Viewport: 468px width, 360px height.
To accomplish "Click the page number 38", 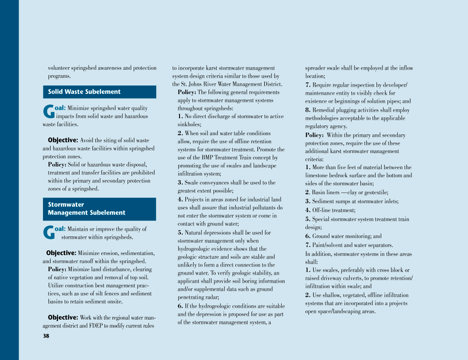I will point(46,336).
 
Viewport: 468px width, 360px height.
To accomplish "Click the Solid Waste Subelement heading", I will point(84,92).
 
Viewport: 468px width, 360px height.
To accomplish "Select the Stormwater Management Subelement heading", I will point(87,209).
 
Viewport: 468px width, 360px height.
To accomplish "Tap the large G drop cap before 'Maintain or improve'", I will point(49,233).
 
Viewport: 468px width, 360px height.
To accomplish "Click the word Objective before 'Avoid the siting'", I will point(63,140).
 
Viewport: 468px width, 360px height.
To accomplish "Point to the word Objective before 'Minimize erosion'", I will point(61,253).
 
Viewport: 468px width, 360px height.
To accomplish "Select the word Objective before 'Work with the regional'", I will point(63,317).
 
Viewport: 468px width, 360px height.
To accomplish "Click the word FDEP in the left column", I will point(96,326).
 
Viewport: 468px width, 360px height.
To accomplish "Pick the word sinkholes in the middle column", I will point(188,125).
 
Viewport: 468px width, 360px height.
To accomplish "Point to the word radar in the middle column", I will point(211,298).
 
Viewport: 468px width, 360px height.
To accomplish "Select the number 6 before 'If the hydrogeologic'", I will point(180,306).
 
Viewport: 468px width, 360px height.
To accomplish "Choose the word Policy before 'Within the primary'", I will point(314,135).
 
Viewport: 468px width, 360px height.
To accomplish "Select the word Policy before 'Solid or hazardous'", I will point(57,164).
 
